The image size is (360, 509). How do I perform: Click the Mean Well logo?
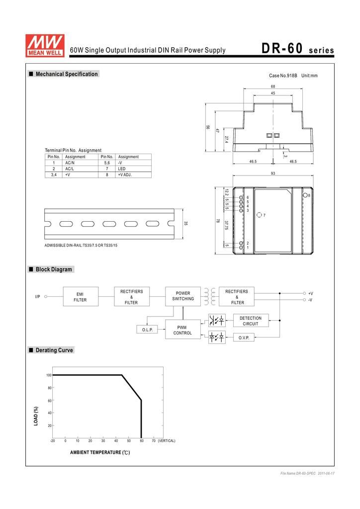coord(45,46)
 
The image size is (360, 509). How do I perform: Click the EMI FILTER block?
coord(81,296)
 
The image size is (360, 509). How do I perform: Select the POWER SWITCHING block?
coord(183,296)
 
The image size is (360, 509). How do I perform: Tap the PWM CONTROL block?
coord(183,330)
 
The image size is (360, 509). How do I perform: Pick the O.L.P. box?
coord(147,330)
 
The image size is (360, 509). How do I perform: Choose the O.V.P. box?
coord(244,338)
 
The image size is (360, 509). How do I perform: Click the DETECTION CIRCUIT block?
coord(251,321)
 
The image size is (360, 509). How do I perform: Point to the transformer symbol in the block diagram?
coord(210,296)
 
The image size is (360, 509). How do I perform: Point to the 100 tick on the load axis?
coord(49,375)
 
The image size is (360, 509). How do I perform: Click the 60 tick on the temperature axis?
coord(142,441)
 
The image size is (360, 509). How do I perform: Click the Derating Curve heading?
coord(54,350)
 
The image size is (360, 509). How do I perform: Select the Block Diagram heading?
coord(54,269)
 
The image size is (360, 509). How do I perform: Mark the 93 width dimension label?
coord(272,173)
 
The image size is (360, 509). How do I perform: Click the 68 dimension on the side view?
coord(272,86)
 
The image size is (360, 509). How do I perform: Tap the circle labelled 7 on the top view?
coord(259,215)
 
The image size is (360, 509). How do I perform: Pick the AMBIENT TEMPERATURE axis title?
coord(100,452)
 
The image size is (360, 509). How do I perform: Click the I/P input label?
coord(38,297)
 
